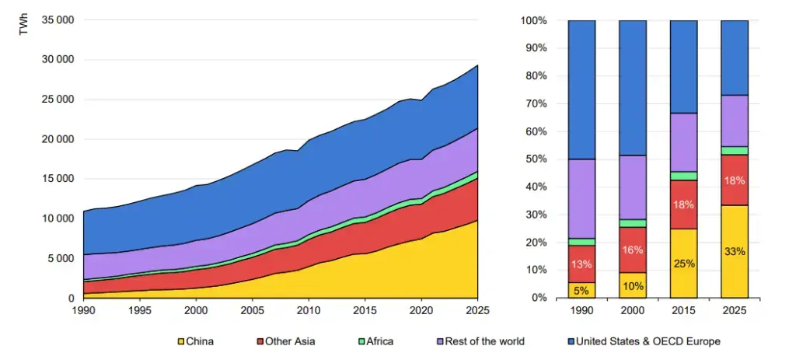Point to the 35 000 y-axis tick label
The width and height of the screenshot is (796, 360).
(x=58, y=20)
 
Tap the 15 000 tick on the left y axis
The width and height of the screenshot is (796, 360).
(x=58, y=179)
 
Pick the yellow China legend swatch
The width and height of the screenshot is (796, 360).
(x=180, y=341)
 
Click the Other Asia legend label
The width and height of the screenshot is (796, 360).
(x=289, y=341)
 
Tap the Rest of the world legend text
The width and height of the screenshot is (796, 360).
(x=485, y=341)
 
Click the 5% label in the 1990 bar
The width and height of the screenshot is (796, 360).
(x=581, y=291)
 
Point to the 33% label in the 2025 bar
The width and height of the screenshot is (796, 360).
(x=735, y=251)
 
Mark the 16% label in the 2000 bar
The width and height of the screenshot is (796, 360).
(x=633, y=250)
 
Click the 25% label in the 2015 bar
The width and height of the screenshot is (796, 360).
(x=683, y=264)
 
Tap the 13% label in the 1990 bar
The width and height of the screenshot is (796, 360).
(x=581, y=264)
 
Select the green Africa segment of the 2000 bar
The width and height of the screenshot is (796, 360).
(x=633, y=223)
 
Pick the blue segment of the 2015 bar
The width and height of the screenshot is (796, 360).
(x=683, y=67)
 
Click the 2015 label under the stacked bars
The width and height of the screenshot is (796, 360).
(x=683, y=310)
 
